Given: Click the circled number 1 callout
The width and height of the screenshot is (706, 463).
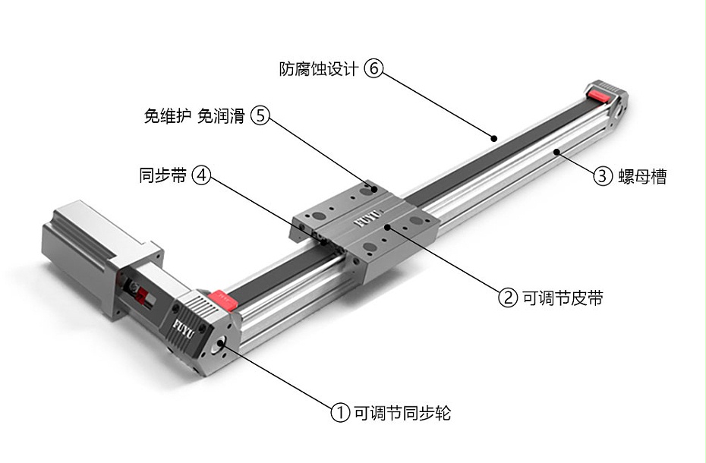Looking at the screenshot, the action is click(x=340, y=413).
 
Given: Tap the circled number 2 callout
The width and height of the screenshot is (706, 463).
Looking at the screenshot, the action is click(x=507, y=298).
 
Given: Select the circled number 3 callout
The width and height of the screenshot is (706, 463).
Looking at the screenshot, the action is click(x=602, y=175).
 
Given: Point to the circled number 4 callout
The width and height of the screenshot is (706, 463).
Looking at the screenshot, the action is click(x=201, y=175).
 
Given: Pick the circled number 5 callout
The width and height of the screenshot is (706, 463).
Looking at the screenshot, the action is click(x=260, y=115).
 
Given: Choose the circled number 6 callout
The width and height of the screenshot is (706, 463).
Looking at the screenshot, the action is click(x=373, y=68).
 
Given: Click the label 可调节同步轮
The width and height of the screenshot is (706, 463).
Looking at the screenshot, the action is click(x=402, y=413).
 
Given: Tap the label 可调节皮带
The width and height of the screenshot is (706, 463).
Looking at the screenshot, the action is click(x=563, y=298).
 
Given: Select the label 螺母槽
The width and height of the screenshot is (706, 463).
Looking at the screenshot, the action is click(x=642, y=177).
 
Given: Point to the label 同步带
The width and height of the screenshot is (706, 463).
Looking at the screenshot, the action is click(x=162, y=175).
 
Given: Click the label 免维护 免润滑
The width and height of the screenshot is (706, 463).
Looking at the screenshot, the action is click(x=194, y=115).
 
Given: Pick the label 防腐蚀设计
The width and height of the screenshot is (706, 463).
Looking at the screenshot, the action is click(x=319, y=69).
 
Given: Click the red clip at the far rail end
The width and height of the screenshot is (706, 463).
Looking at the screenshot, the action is click(x=600, y=96).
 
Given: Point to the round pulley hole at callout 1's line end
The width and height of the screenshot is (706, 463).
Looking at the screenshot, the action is click(x=222, y=344).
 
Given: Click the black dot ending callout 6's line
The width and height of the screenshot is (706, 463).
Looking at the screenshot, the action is click(x=494, y=138).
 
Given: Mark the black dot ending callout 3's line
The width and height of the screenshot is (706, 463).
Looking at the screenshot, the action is click(x=557, y=153).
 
